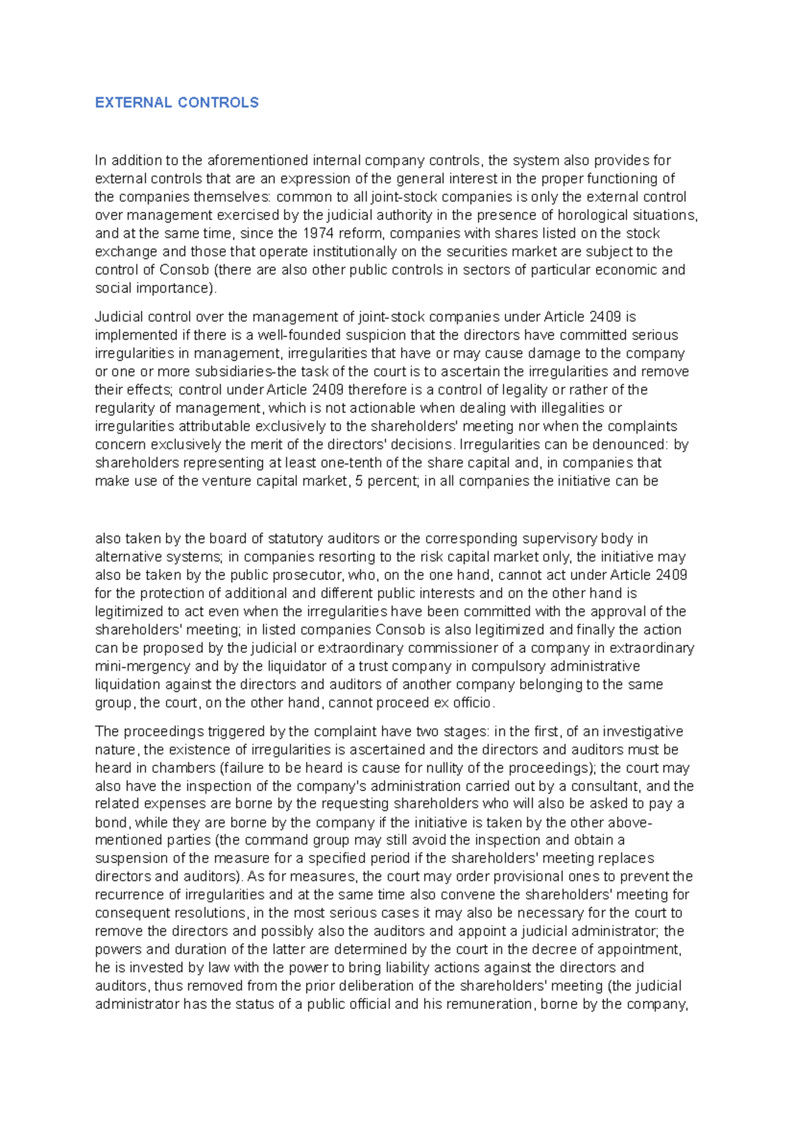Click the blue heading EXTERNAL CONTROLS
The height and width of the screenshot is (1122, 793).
pyautogui.click(x=176, y=102)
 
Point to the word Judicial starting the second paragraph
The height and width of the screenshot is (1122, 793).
pyautogui.click(x=119, y=317)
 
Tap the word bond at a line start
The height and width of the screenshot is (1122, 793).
pyautogui.click(x=110, y=823)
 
